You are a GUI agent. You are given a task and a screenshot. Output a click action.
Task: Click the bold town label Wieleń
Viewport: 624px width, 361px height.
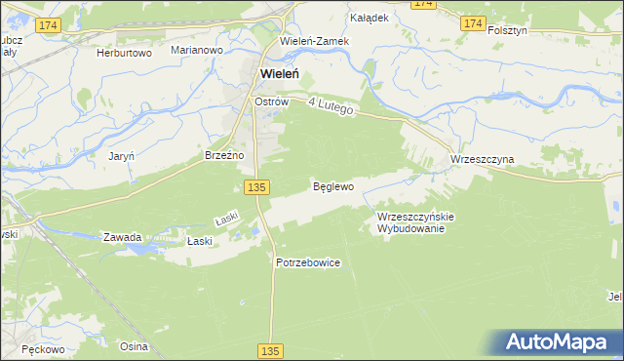[x=278, y=72]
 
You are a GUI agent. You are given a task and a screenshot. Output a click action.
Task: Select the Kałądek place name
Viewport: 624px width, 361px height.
[x=370, y=18]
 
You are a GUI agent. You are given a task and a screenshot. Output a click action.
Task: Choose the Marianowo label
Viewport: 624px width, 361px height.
[x=197, y=49]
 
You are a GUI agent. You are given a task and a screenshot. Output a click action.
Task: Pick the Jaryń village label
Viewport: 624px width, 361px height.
[x=121, y=155]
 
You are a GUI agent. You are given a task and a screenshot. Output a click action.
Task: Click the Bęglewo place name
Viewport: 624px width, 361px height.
[x=331, y=185]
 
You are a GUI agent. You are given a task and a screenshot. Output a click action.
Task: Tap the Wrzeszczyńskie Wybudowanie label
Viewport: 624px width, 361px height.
[x=410, y=222]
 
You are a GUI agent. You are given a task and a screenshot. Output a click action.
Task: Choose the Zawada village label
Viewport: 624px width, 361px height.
[x=123, y=237]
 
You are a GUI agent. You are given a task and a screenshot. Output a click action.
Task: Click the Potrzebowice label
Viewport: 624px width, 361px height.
[x=307, y=262]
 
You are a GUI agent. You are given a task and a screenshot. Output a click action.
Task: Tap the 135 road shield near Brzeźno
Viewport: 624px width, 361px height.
[x=256, y=186]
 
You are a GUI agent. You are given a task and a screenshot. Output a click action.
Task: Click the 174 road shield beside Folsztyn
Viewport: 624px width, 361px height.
[x=473, y=22]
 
